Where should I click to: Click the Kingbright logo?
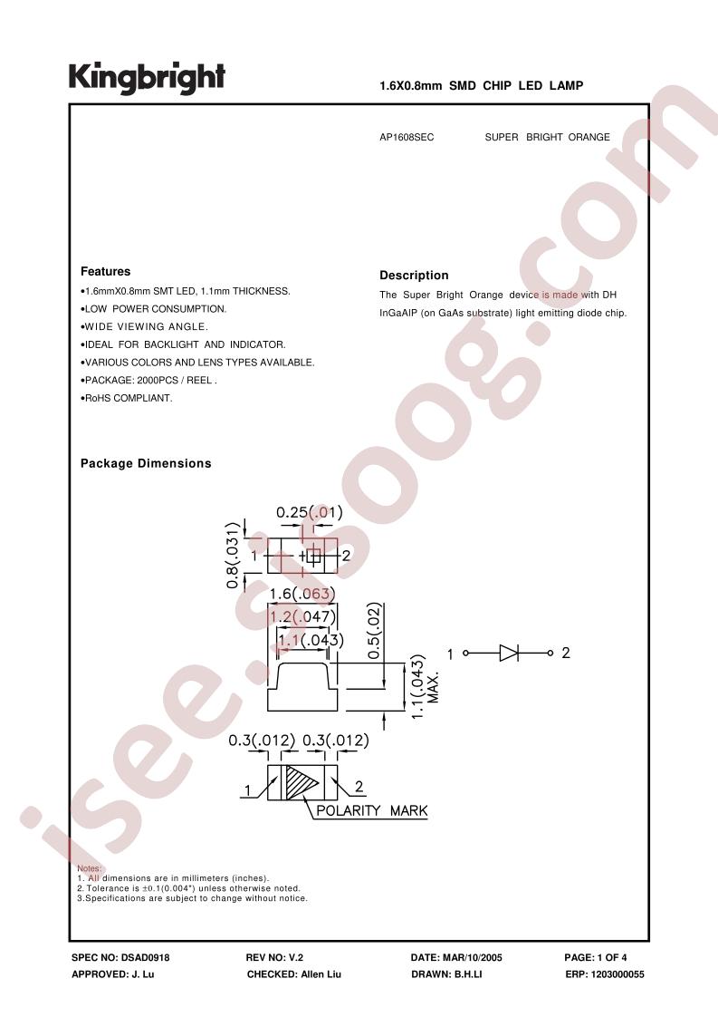tap(147, 79)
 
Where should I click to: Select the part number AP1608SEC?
tap(407, 138)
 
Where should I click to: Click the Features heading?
tap(105, 271)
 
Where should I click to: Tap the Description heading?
tap(414, 275)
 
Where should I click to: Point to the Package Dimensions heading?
tap(146, 463)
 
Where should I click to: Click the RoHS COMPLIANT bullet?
tap(127, 398)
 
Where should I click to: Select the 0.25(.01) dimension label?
tap(309, 512)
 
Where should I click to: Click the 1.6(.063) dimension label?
tap(302, 594)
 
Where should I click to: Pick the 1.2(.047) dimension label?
tap(303, 616)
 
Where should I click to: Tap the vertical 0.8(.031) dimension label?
tap(234, 555)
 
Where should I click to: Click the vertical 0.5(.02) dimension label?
tap(374, 631)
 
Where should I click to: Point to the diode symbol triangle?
tap(509, 654)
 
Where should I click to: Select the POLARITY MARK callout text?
tap(372, 810)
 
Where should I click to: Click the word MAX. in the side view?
tap(435, 687)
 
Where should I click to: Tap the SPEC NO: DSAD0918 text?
tap(120, 957)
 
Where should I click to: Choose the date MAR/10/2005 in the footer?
tap(472, 957)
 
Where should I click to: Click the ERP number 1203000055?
tap(617, 974)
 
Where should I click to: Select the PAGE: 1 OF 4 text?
tap(596, 957)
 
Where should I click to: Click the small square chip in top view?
tap(313, 556)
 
